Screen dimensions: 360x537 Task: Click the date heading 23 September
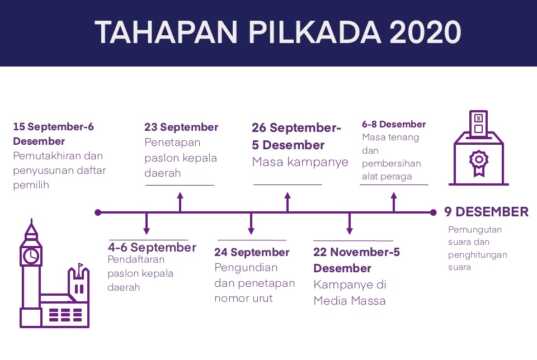(x=181, y=127)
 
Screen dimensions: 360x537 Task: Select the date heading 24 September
(x=252, y=252)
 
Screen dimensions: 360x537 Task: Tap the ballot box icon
(x=478, y=150)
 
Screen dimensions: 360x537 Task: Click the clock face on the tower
(x=32, y=256)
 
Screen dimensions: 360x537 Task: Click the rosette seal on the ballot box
(x=478, y=161)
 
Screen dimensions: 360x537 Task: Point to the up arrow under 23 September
(x=181, y=200)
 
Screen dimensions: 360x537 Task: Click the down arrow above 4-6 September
(x=147, y=224)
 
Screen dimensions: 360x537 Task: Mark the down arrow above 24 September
(x=251, y=224)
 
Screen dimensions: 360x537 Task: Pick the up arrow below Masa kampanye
(x=288, y=200)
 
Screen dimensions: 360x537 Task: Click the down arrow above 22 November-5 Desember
(x=349, y=224)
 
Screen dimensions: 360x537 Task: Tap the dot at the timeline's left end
(x=98, y=212)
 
